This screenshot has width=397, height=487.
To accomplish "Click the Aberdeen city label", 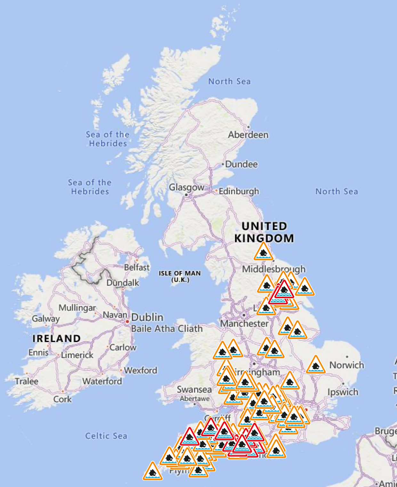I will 248,135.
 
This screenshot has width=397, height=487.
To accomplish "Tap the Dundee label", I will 241,164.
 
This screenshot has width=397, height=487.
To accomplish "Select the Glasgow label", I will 186,187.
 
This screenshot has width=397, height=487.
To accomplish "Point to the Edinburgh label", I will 239,191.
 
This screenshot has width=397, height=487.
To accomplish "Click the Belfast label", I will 137,267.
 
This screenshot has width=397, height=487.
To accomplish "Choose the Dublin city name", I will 147,317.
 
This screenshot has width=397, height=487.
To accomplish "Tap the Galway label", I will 46,319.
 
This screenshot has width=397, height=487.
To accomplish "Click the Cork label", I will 63,399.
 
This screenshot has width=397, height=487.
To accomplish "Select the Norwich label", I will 347,365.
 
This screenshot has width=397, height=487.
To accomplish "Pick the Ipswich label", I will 343,392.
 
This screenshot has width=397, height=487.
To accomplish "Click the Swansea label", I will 194,390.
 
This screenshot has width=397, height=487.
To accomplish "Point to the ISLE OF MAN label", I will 180,276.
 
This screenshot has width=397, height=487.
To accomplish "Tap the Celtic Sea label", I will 106,436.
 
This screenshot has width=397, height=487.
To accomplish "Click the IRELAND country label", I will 56,339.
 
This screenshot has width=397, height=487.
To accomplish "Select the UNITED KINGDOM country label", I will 264,232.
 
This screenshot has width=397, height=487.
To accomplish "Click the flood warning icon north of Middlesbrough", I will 263,252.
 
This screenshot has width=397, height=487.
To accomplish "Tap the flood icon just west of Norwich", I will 316,365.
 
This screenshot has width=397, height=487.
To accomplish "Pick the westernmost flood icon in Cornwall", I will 153,472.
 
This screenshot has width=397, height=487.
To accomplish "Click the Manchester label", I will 244,323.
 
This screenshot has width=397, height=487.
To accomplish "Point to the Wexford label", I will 141,371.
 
